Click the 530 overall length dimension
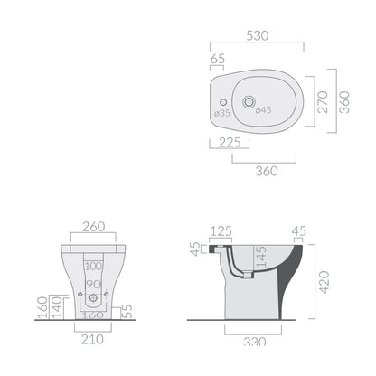(258, 35)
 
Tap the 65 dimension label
(218, 59)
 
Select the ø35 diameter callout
(222, 113)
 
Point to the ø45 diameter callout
(263, 110)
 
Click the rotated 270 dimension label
(323, 102)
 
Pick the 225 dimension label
(230, 143)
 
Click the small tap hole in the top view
(223, 102)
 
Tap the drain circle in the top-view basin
(249, 102)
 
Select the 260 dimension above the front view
(94, 227)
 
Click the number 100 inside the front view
(93, 266)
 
